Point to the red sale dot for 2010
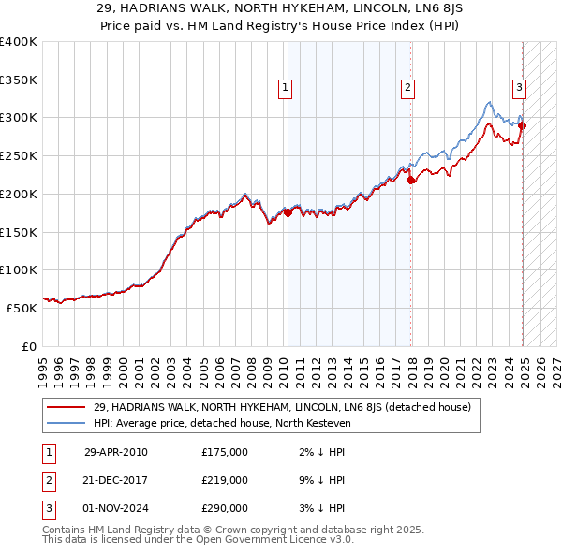tap(288, 212)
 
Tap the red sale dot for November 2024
tap(523, 125)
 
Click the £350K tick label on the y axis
tap(19, 80)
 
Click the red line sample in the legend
tap(67, 407)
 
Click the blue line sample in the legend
tap(67, 423)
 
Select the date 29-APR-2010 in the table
tap(115, 452)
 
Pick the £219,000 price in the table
tap(225, 480)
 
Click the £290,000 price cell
tap(225, 508)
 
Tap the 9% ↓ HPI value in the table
tap(318, 480)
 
